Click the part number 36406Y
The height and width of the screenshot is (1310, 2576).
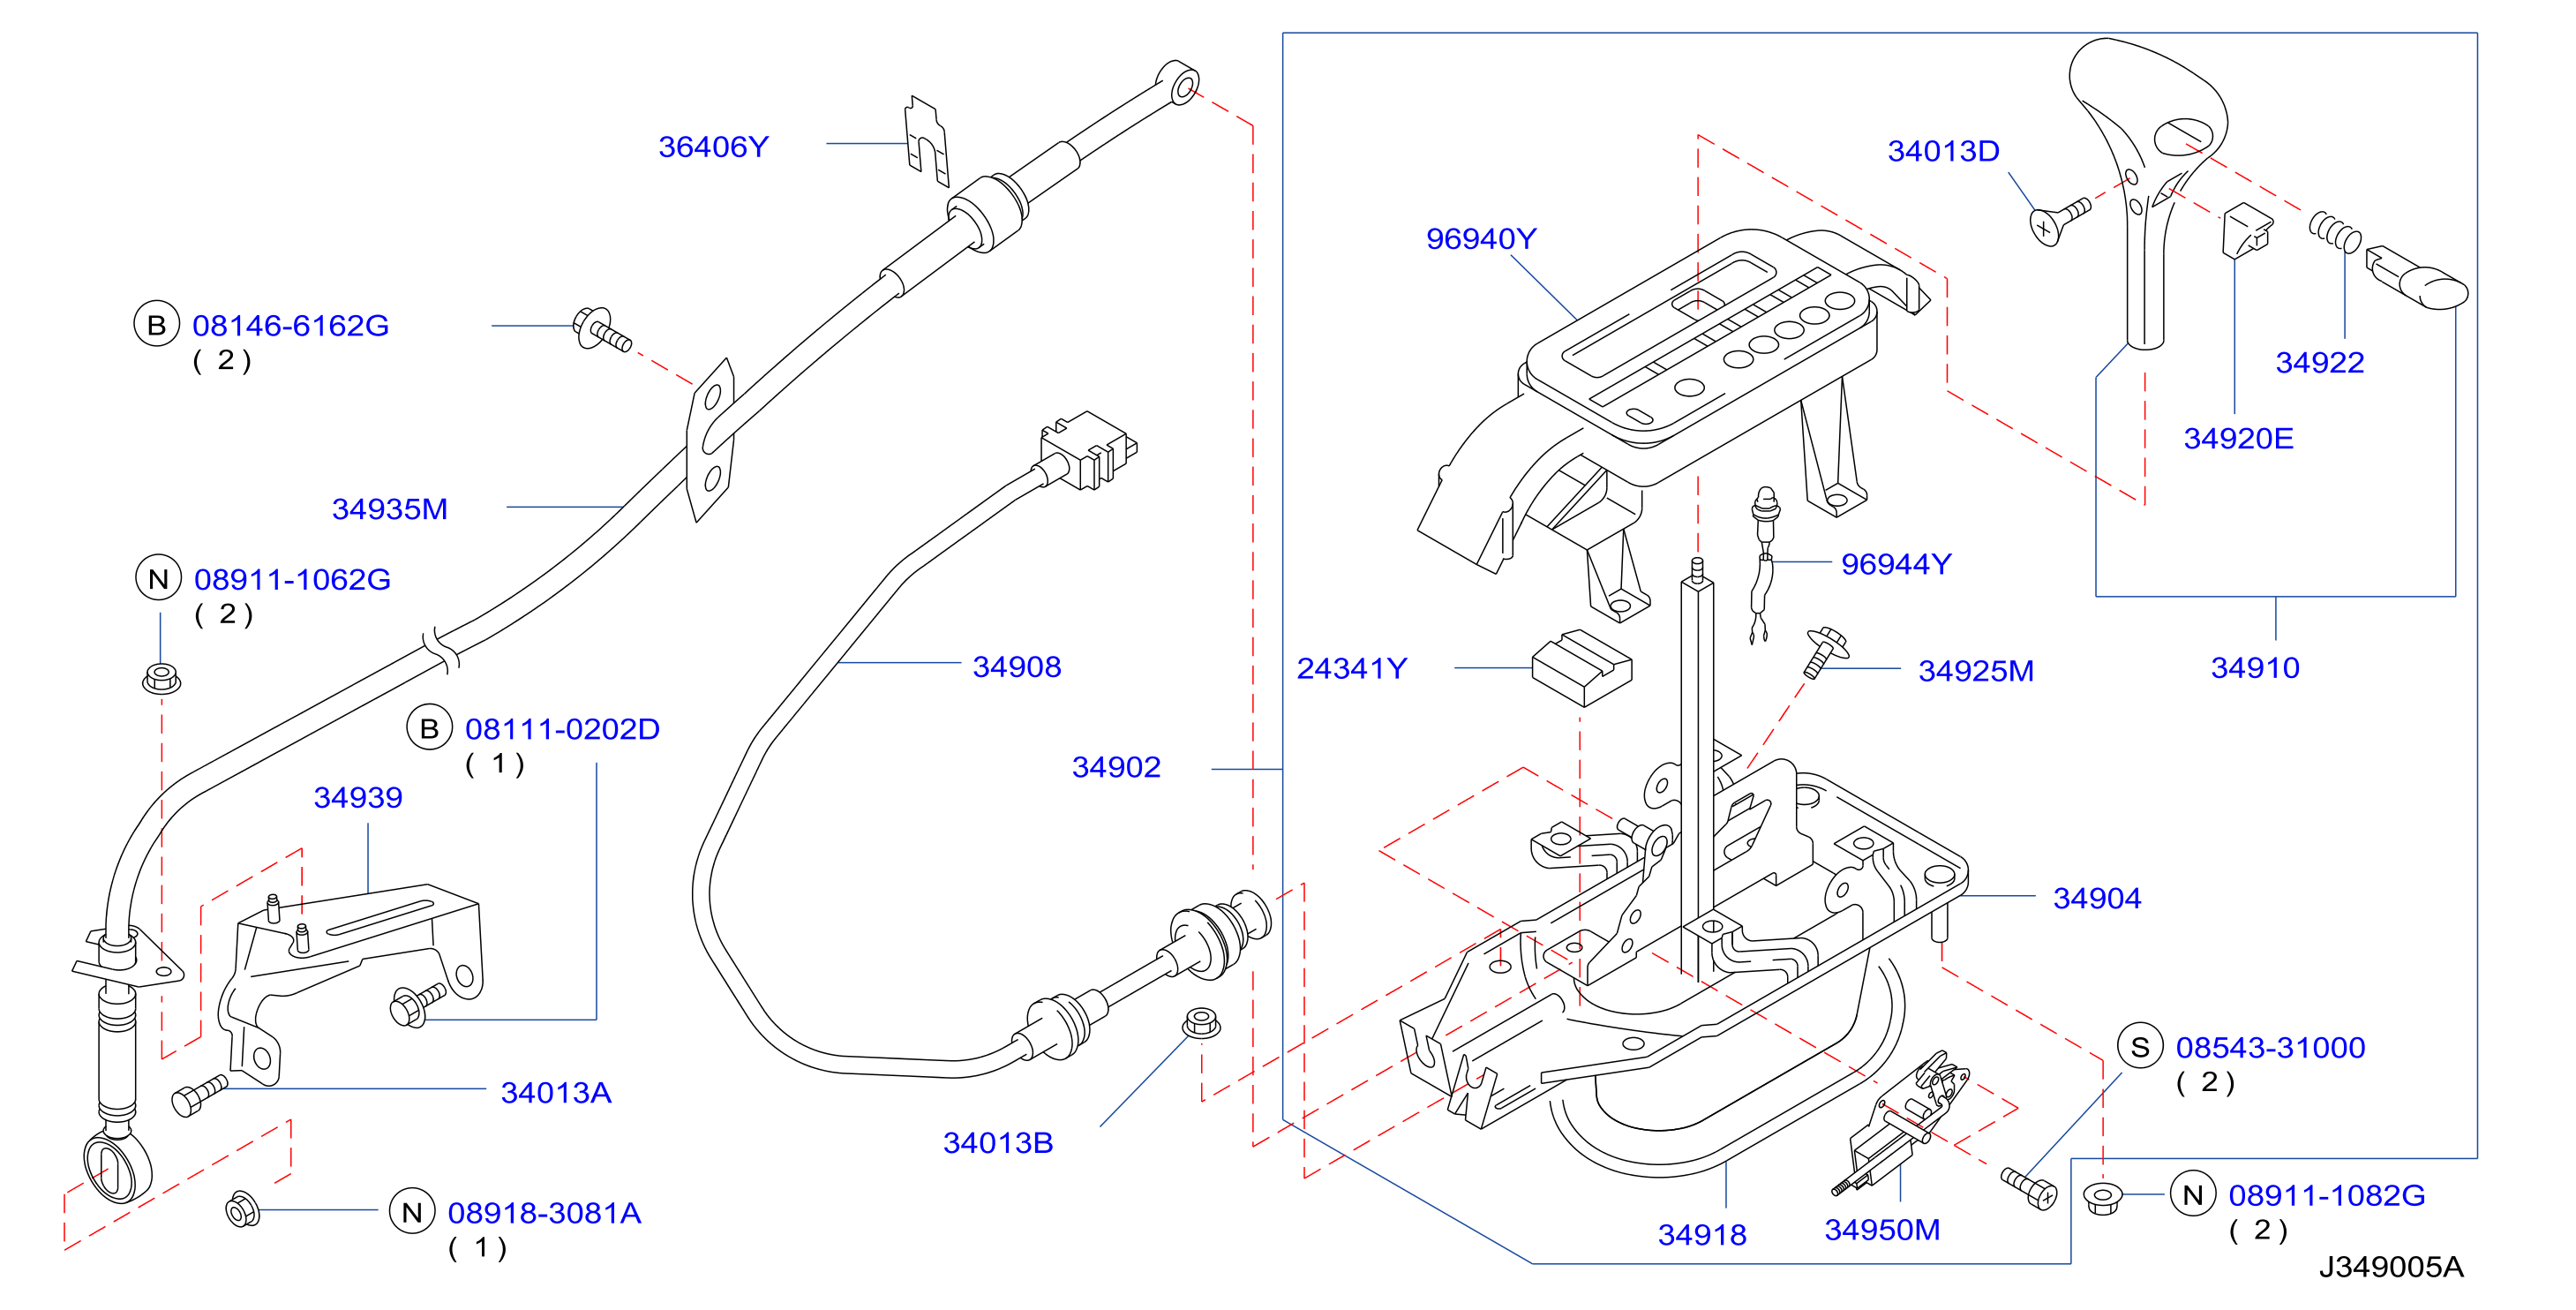coord(713,147)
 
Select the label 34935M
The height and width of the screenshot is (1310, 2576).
coord(389,509)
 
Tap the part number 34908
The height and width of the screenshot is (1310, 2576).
coord(1016,667)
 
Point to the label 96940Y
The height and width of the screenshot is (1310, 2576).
coord(1480,239)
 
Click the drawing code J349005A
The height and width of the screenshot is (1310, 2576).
coord(2390,1267)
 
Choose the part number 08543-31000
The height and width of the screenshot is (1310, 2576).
coord(2270,1047)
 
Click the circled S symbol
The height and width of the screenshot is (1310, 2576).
coord(2140,1047)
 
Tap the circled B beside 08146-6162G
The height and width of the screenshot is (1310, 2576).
coord(157,325)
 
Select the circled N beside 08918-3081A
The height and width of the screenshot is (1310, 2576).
coord(412,1212)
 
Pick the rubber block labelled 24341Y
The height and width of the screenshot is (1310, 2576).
coord(1581,667)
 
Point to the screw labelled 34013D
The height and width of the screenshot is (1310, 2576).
coord(2059,220)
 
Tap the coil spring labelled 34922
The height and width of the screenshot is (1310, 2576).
coord(2335,232)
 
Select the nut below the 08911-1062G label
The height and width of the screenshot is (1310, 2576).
coord(161,678)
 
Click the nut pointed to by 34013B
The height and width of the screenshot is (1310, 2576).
coord(1200,1023)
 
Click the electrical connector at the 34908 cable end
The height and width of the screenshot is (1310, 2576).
coord(1087,450)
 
